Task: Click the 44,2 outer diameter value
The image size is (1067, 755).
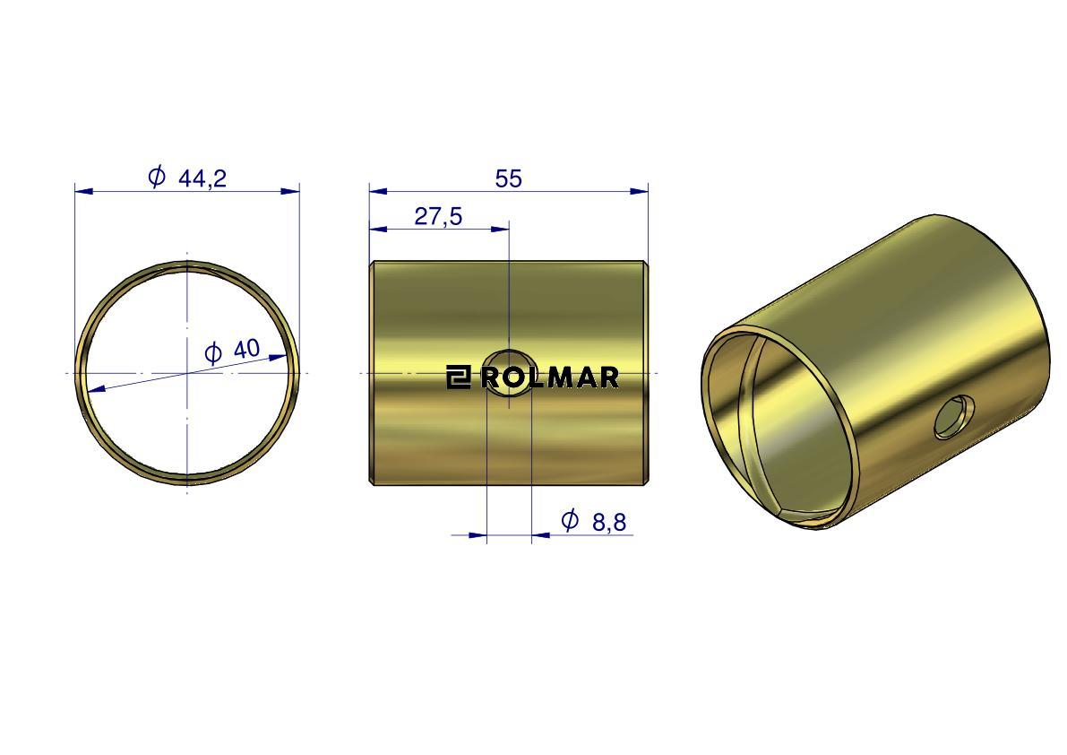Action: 202,178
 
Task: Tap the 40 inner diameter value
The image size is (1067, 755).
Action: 246,349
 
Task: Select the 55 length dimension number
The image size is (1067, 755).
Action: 508,179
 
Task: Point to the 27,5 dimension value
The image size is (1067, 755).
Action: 438,216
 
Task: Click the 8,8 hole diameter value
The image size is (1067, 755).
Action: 609,523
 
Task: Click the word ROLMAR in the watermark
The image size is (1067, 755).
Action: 550,377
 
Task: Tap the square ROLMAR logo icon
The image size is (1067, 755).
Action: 459,377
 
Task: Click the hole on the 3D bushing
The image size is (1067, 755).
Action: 954,416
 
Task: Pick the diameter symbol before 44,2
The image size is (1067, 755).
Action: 157,177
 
